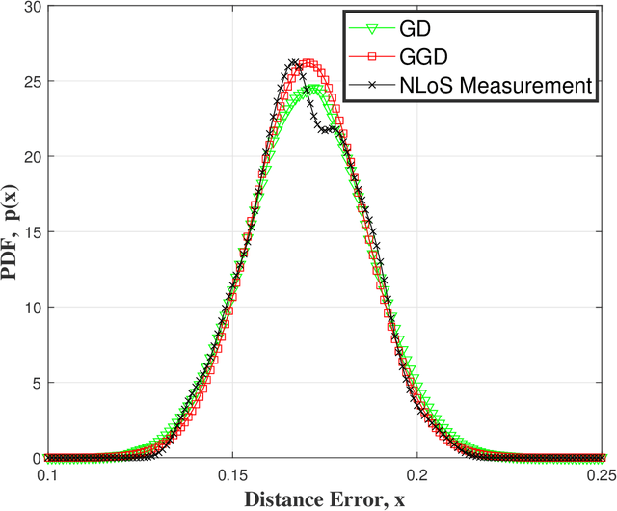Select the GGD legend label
421,57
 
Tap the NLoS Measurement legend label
495,85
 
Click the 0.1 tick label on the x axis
47,476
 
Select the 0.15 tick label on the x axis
231,476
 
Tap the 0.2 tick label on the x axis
416,476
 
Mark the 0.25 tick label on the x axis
600,476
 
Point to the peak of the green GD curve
315,89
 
